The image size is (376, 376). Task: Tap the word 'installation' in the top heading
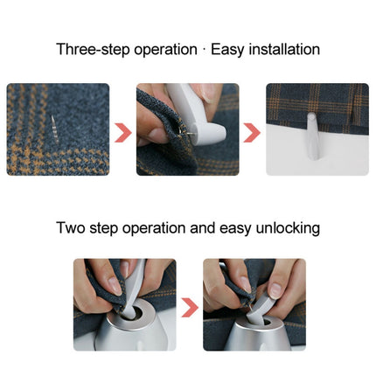point(279,50)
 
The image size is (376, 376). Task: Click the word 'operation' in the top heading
point(166,50)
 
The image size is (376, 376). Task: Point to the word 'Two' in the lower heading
point(71,228)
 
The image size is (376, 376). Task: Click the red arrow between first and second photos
point(123,132)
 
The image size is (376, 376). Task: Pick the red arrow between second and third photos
point(252,132)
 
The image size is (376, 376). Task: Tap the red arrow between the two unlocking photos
point(189,307)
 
